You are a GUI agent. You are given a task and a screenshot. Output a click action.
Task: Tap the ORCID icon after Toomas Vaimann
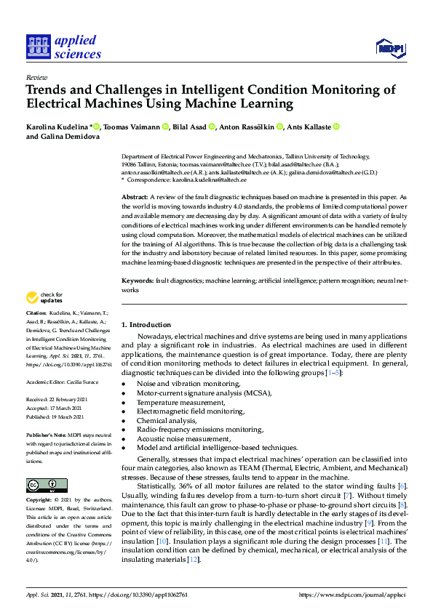166,127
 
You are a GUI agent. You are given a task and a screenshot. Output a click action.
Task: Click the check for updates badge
45,297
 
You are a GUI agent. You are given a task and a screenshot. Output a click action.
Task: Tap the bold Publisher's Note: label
46,435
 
